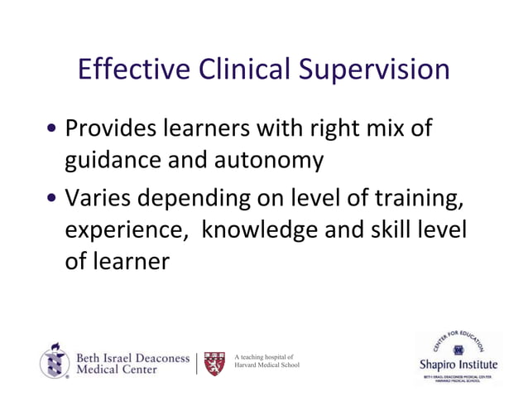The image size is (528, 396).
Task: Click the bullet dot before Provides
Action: click(x=53, y=131)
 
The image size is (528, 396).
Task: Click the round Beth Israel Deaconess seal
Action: click(x=55, y=361)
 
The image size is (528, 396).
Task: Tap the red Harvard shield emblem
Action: click(x=214, y=362)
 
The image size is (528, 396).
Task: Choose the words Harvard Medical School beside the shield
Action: click(x=267, y=365)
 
